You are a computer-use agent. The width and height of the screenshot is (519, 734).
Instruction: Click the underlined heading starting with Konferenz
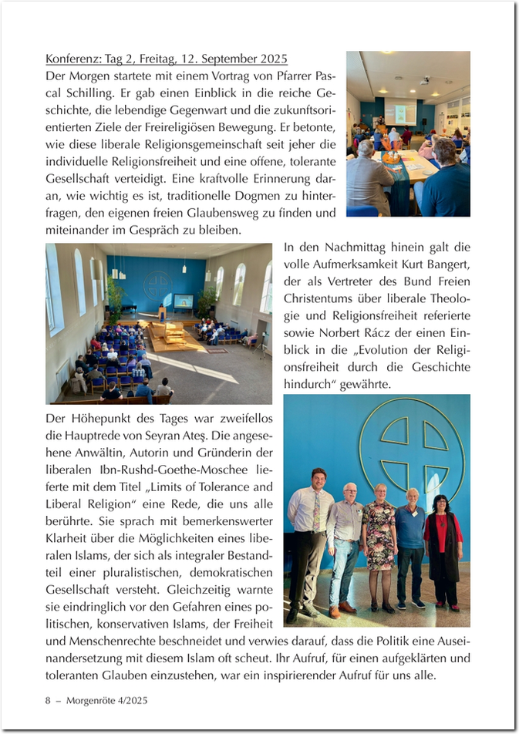pyautogui.click(x=166, y=59)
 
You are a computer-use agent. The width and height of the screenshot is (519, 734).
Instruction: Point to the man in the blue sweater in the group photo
pyautogui.click(x=410, y=532)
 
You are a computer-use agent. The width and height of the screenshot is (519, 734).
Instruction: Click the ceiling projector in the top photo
pyautogui.click(x=425, y=80)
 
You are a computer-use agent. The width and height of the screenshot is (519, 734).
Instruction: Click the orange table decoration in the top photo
pyautogui.click(x=393, y=157)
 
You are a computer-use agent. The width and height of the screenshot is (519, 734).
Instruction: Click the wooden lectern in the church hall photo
pyautogui.click(x=162, y=312)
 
